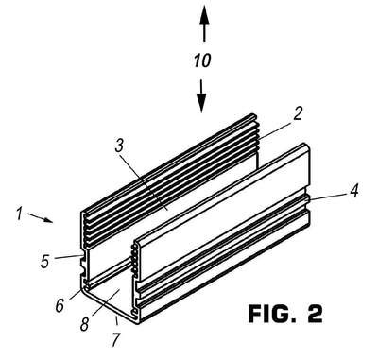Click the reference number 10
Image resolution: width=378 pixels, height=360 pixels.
coord(202,60)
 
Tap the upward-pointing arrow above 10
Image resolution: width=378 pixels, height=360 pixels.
coord(204,23)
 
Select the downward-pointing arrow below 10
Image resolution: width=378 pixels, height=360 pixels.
coord(201,96)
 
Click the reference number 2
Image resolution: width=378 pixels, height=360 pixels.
coord(298,113)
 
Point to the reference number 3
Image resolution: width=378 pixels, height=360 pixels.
coord(119,146)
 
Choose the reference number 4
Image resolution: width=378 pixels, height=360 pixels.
coord(354,190)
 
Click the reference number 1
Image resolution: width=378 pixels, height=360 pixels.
coord(20,214)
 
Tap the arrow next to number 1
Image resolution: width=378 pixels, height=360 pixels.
coord(40,217)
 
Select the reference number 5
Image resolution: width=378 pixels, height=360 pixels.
coord(45,261)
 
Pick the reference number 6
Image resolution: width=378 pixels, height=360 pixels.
coord(60,304)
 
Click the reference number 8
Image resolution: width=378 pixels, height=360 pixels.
coord(84,324)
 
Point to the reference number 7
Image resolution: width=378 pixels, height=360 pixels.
coord(116,339)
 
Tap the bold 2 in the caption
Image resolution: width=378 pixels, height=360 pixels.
coord(314,313)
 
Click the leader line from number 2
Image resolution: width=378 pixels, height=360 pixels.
coord(274,130)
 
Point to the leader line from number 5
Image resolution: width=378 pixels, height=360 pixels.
coord(69,257)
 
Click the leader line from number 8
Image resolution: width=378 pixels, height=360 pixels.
coord(104,303)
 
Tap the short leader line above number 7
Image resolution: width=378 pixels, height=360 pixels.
coord(117,320)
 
